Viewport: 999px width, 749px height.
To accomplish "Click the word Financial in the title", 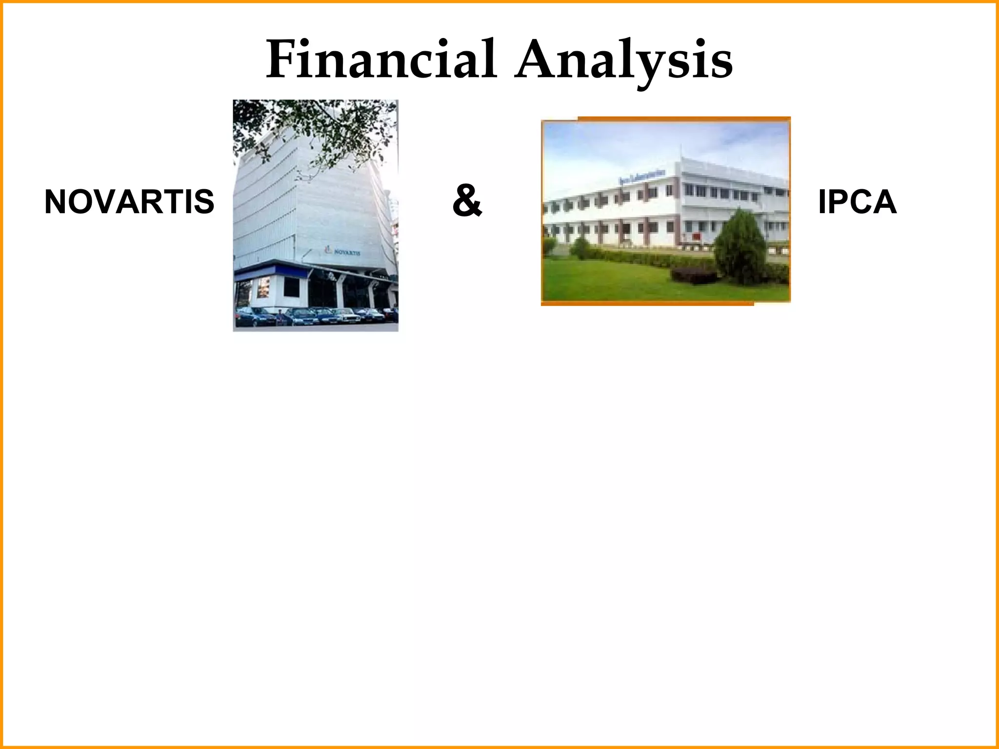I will tap(381, 60).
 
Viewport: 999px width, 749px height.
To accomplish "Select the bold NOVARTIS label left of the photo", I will tap(129, 202).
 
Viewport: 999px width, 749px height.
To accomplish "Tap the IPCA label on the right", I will tap(857, 202).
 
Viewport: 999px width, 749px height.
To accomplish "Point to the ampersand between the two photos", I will tap(467, 202).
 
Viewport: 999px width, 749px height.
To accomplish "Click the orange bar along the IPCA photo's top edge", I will tap(683, 118).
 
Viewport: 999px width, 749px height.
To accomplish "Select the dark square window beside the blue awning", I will tap(263, 288).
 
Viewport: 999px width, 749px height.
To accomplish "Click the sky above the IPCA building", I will tap(634, 141).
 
